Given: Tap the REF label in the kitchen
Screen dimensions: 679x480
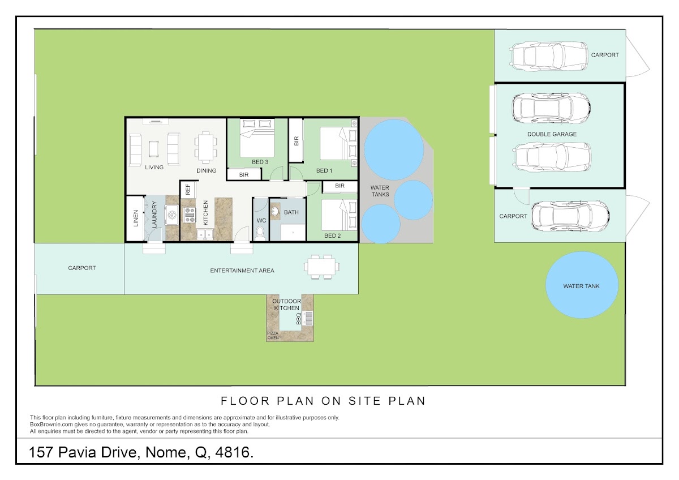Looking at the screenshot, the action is point(188,190).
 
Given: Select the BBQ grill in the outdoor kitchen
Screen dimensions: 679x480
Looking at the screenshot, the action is point(308,318).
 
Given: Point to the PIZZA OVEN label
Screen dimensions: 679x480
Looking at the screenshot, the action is point(273,335).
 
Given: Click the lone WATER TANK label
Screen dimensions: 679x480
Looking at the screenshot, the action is point(582,286).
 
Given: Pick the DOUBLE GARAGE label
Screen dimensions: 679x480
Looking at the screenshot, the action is point(552,134).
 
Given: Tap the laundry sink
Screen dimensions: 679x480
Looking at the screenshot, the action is point(172,215).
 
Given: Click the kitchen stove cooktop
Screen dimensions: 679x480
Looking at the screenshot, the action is point(190,215).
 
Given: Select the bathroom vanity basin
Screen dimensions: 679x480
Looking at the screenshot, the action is point(275,211).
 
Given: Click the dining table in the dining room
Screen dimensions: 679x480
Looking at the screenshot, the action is point(206,147).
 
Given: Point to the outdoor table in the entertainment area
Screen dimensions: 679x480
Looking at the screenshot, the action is point(321,267).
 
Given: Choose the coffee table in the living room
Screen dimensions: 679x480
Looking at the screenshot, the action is point(154,149).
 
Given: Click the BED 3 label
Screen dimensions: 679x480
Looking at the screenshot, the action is point(260,162).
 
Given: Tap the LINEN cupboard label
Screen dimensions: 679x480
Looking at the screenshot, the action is point(136,218).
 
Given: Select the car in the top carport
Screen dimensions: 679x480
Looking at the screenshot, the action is point(549,56).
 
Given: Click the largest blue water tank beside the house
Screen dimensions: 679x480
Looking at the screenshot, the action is point(394,150).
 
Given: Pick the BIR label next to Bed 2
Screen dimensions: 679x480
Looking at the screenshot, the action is point(340,186).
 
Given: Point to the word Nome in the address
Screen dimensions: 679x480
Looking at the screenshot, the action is point(165,452).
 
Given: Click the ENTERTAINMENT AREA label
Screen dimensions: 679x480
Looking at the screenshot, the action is point(242,271).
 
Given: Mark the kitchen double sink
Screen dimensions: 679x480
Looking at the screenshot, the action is point(205,234).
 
